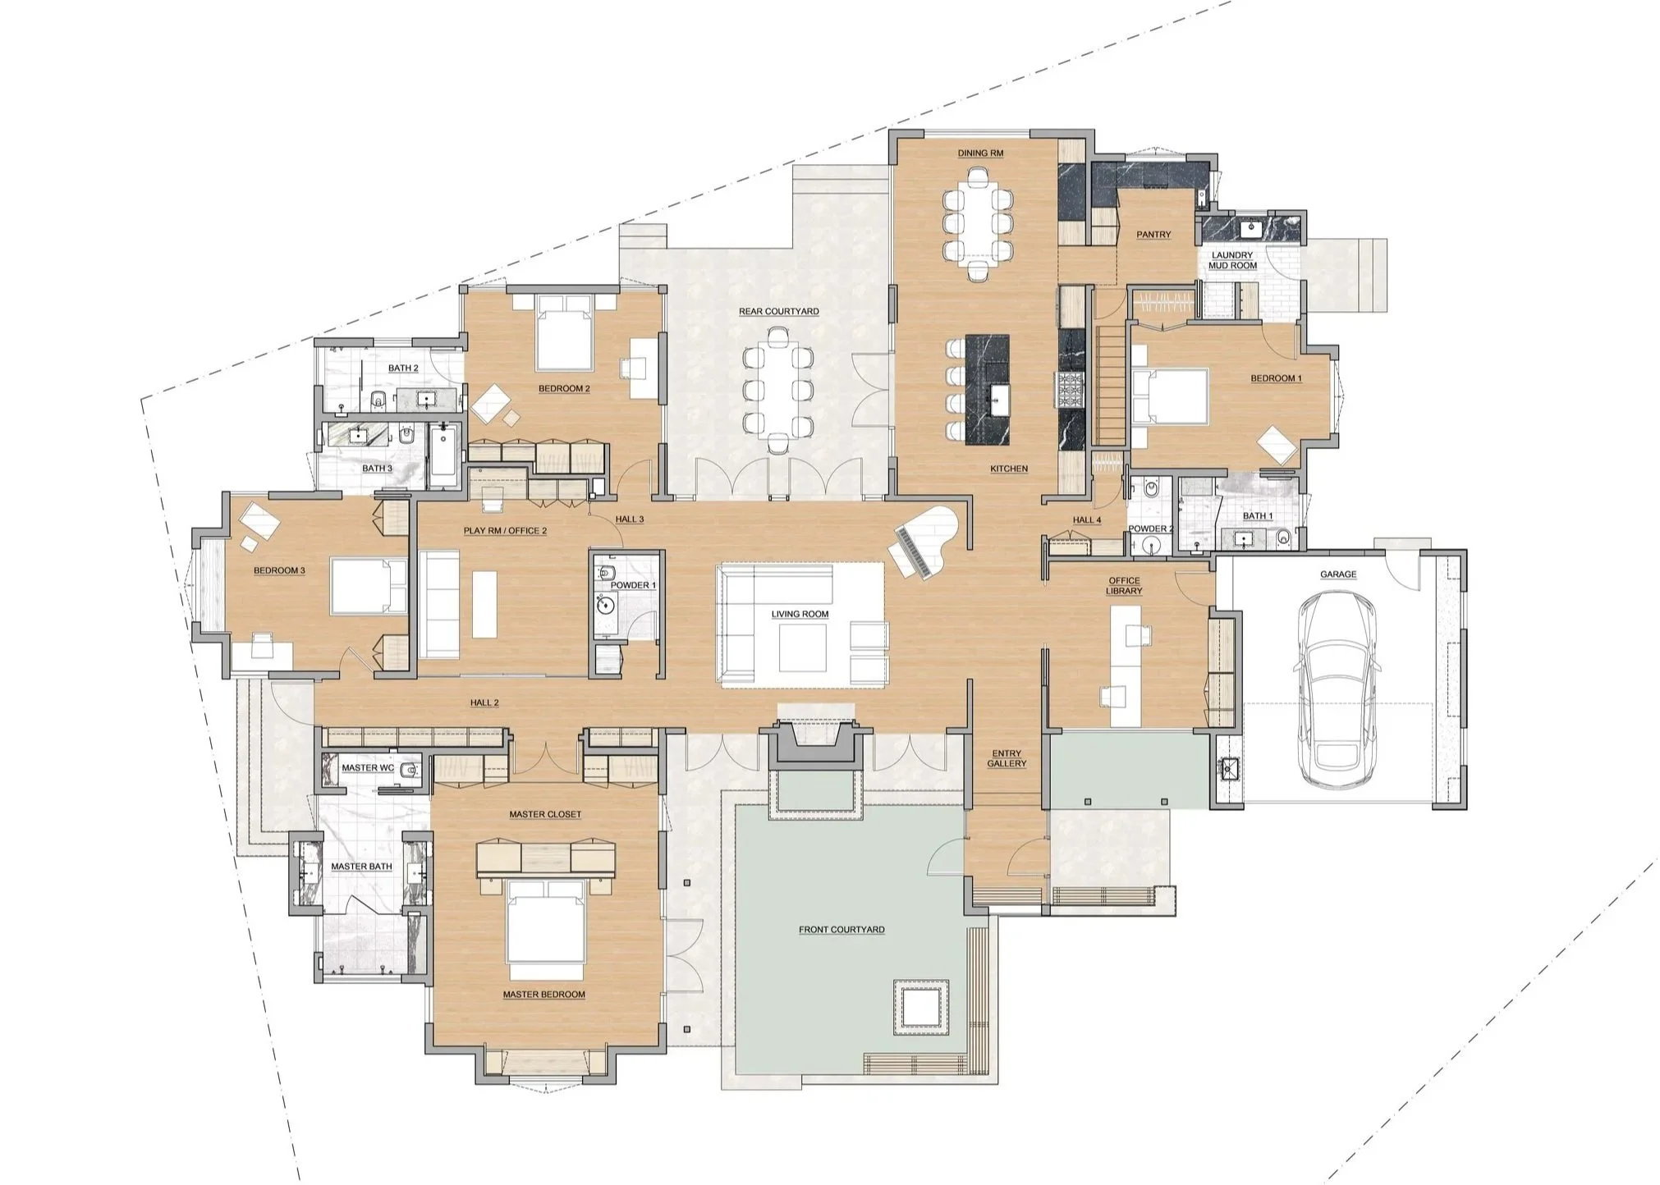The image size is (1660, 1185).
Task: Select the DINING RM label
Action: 980,153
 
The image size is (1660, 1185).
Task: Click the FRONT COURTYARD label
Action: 841,930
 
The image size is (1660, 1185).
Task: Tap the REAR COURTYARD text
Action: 778,312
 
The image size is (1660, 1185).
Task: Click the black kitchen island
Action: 989,389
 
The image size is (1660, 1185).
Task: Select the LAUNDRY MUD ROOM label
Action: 1231,260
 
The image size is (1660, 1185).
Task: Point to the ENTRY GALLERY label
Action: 1007,758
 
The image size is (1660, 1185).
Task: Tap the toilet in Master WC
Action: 410,769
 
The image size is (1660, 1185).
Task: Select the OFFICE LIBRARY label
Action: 1123,585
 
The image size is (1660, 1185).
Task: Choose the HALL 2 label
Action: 484,702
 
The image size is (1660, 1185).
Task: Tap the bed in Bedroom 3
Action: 368,586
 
